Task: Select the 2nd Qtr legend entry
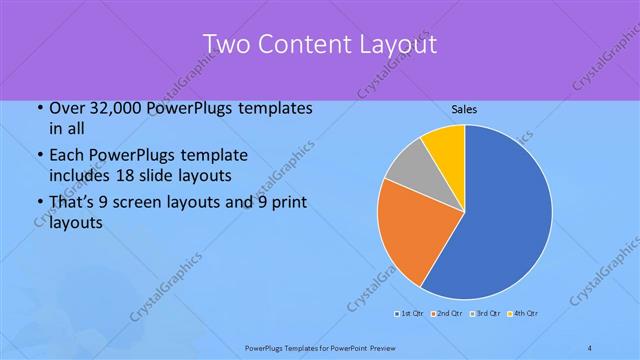coord(447,315)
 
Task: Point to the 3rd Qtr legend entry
coord(485,315)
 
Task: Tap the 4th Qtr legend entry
coord(523,315)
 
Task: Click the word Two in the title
coord(225,44)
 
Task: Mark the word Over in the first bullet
coord(65,108)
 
